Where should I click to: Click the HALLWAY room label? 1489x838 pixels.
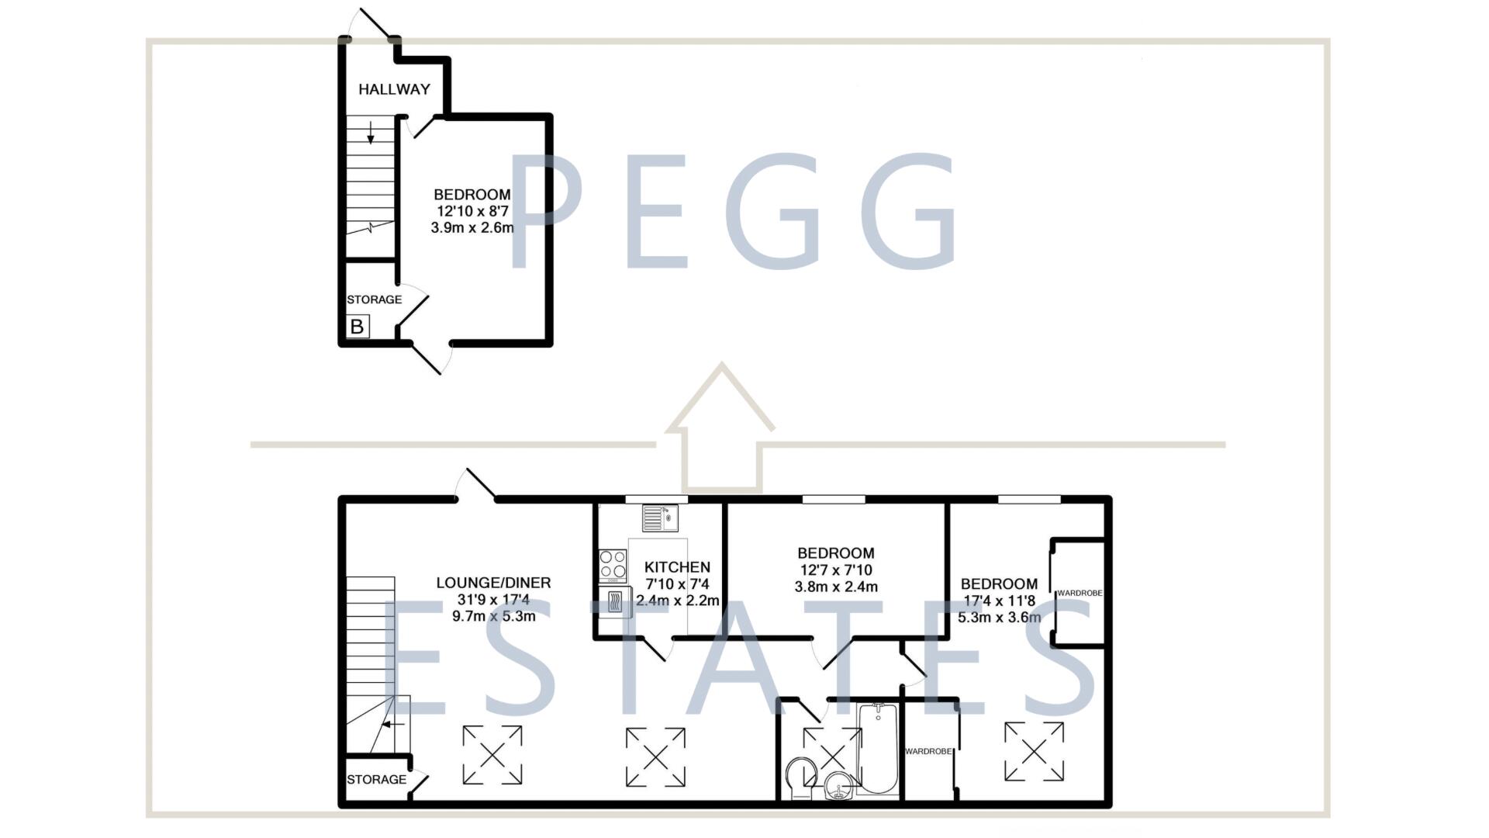click(394, 89)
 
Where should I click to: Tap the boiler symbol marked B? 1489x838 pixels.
click(357, 327)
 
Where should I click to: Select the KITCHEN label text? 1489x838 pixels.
click(677, 567)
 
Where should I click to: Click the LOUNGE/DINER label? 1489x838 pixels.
click(493, 583)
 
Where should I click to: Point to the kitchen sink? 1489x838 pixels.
click(660, 518)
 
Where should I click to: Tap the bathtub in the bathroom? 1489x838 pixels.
click(878, 749)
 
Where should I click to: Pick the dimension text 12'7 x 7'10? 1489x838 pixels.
click(836, 570)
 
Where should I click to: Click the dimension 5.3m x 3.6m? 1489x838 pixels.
click(999, 618)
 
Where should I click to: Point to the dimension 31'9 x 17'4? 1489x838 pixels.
click(493, 600)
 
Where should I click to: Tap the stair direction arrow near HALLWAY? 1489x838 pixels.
click(371, 133)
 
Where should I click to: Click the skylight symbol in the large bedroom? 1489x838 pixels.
click(1034, 751)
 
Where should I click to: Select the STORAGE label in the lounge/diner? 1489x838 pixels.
click(376, 779)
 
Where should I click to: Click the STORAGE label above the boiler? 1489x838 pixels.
click(374, 300)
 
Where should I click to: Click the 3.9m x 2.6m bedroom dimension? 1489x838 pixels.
click(472, 228)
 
